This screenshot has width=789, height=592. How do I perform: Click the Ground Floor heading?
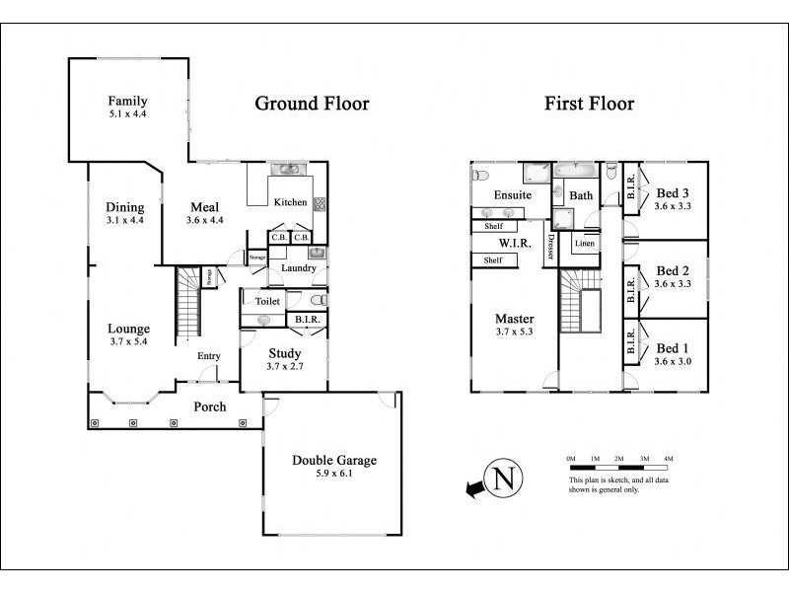312,104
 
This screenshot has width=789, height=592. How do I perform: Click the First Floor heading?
589,104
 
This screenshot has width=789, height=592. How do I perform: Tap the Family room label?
128,101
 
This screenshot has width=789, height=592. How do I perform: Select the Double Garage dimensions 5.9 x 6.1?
334,474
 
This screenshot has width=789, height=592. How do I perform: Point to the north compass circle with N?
503,479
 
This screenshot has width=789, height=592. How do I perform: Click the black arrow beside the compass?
474,488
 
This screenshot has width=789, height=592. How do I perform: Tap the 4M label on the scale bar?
669,459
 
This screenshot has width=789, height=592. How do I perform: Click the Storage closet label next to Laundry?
257,258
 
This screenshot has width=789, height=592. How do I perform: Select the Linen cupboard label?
585,243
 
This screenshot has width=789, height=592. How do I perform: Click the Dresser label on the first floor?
550,247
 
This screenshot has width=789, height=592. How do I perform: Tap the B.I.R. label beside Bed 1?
631,340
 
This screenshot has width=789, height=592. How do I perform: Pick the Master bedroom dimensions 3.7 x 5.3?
514,332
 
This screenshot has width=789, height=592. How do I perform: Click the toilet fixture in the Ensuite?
480,176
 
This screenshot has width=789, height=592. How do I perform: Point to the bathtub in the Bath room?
576,170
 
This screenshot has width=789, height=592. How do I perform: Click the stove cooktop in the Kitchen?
320,204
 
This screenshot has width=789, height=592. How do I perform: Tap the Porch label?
210,407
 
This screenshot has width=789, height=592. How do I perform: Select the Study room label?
285,353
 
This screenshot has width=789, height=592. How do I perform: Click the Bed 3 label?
673,193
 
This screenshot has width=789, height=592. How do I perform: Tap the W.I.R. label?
515,244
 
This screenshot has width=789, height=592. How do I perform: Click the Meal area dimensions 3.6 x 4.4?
205,220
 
